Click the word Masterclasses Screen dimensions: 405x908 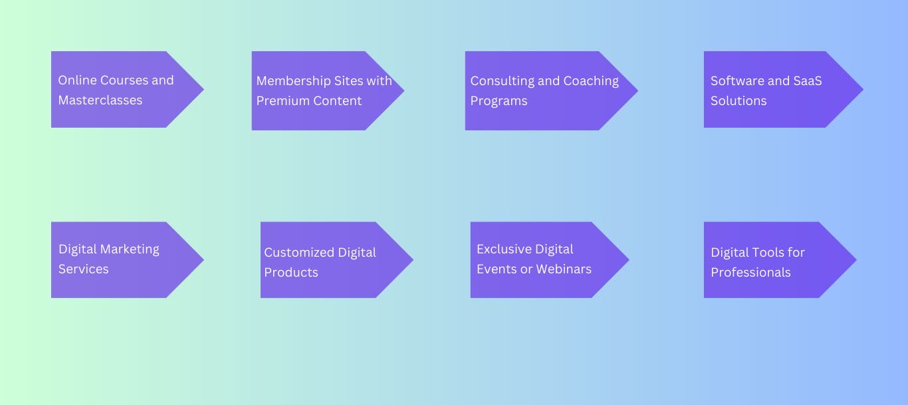coord(100,100)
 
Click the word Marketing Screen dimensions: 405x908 coord(130,249)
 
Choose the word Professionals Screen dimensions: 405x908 coord(750,273)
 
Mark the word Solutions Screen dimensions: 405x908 coord(738,101)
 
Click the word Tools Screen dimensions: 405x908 coord(769,253)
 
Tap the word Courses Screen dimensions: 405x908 coord(124,80)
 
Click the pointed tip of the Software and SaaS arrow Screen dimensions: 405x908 coord(861,89)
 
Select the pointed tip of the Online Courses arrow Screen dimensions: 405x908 coord(202,89)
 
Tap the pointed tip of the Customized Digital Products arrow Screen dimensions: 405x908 coord(411,260)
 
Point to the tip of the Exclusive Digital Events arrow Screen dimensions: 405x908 coord(627,260)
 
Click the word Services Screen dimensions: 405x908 coord(83,269)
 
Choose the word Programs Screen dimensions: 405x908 coord(499,101)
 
